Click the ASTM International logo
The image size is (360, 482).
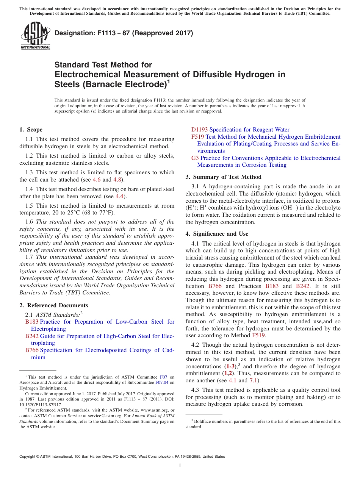[35, 36]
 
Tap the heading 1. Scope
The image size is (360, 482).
[31, 130]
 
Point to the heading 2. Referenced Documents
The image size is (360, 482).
[54, 305]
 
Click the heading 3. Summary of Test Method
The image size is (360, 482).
[224, 177]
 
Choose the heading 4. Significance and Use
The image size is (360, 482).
[217, 234]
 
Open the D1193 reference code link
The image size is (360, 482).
[199, 130]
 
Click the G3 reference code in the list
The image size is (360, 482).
[195, 158]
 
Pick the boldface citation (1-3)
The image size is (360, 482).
[230, 366]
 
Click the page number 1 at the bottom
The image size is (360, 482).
[180, 466]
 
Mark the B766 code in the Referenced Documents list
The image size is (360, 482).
[31, 350]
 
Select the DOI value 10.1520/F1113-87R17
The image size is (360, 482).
[36, 405]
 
